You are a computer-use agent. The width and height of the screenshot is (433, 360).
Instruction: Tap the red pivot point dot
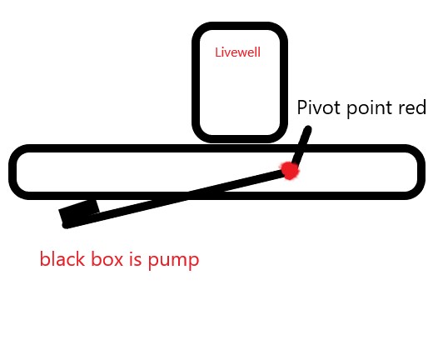pos(289,170)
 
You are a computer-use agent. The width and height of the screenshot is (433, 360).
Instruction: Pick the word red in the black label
pos(412,108)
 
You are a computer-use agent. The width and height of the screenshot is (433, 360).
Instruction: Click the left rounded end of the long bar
pos(13,172)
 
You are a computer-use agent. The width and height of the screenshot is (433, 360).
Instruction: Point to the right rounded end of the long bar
pos(419,172)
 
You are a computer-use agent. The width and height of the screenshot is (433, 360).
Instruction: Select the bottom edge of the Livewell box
pos(240,137)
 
